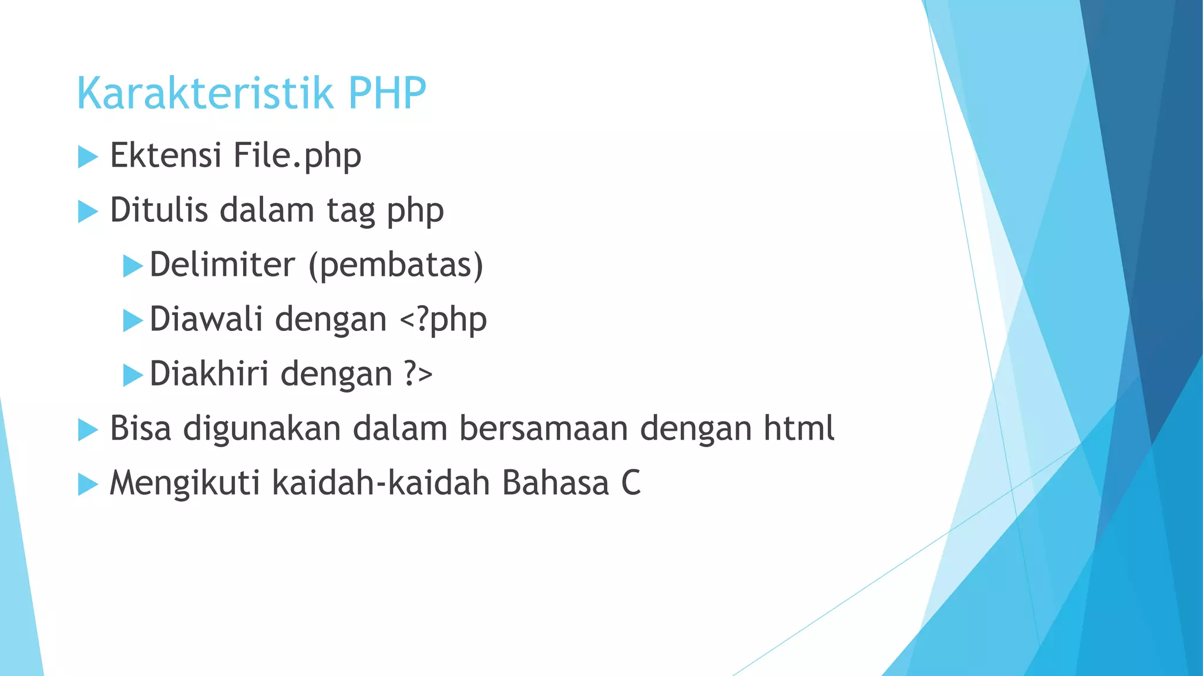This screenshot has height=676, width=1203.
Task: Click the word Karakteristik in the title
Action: click(205, 93)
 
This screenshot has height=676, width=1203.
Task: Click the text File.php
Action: click(297, 157)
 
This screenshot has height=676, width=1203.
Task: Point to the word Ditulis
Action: click(159, 210)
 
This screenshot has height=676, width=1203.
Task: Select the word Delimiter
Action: click(223, 265)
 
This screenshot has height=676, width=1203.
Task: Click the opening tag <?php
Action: click(443, 320)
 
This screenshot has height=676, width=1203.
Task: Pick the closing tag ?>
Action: click(418, 374)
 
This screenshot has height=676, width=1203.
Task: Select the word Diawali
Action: click(206, 319)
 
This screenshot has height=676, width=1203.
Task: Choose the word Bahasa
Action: click(556, 483)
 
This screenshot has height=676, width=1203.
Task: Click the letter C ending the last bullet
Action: click(631, 483)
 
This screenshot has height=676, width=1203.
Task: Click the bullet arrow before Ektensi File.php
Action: click(88, 157)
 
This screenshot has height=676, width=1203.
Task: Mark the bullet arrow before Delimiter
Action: click(133, 266)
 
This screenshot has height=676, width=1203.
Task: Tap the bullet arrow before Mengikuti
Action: click(88, 484)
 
